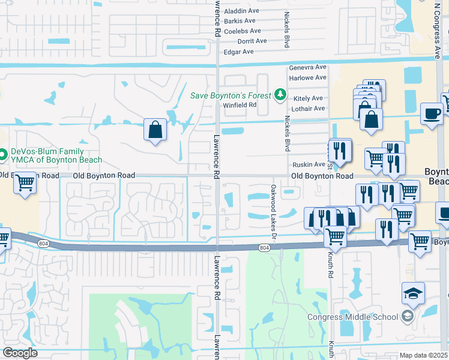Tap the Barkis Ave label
pyautogui.click(x=240, y=21)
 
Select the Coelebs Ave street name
pyautogui.click(x=242, y=31)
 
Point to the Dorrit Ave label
pyautogui.click(x=252, y=41)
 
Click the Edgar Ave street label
pyautogui.click(x=239, y=52)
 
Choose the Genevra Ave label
pyautogui.click(x=307, y=68)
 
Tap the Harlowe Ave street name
pyautogui.click(x=307, y=77)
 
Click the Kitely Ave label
pyautogui.click(x=309, y=98)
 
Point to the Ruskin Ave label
pyautogui.click(x=309, y=164)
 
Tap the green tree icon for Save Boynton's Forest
pyautogui.click(x=280, y=94)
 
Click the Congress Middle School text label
pyautogui.click(x=352, y=317)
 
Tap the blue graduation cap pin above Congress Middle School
pyautogui.click(x=413, y=293)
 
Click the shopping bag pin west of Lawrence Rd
pyautogui.click(x=155, y=130)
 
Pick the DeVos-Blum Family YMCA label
pyautogui.click(x=55, y=156)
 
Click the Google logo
pyautogui.click(x=20, y=353)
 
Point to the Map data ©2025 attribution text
pyautogui.click(x=423, y=355)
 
